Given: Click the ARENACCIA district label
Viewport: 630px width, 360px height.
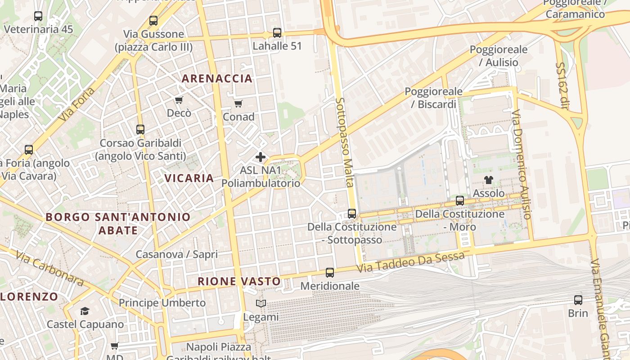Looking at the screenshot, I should (x=217, y=79).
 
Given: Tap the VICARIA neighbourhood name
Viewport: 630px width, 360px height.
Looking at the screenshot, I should (x=189, y=178).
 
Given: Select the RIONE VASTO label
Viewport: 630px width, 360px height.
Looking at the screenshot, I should (x=239, y=282).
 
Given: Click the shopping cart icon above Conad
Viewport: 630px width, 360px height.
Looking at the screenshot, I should (x=238, y=104).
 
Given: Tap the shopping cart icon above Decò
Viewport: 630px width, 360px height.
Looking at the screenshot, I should (x=179, y=100).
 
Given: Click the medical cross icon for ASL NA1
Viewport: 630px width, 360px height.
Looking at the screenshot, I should (x=261, y=157).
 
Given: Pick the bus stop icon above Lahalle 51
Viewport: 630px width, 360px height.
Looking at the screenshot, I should (x=277, y=33).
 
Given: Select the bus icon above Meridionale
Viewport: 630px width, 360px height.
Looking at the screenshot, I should (x=330, y=273).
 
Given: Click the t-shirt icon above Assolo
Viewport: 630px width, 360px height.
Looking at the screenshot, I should (x=489, y=180).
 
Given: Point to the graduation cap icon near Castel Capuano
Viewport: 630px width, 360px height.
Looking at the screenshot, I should (x=85, y=311).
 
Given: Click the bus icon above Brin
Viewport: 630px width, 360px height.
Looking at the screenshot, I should (x=578, y=300).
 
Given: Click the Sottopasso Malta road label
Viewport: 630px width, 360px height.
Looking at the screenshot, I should (x=345, y=142).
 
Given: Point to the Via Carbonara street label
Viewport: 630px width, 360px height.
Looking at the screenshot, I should (x=49, y=269).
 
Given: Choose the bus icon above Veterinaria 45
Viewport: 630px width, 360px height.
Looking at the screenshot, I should (x=38, y=16).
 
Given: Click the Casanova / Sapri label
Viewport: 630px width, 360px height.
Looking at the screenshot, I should (x=177, y=254).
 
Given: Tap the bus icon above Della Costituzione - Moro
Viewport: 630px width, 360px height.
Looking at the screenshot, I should (x=460, y=201).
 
